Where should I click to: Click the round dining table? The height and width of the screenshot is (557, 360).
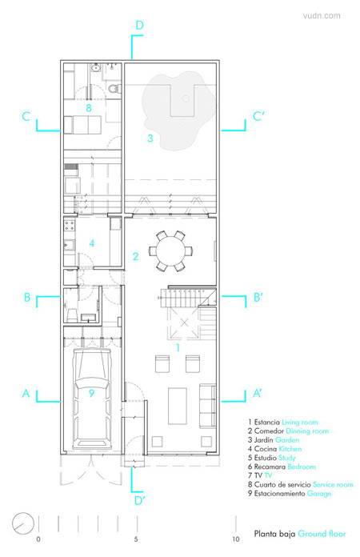click(x=170, y=251)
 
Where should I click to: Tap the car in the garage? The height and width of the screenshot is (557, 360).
click(x=91, y=399)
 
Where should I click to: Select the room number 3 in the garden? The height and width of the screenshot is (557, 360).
click(x=150, y=138)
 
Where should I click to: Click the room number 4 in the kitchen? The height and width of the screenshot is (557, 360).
click(x=92, y=243)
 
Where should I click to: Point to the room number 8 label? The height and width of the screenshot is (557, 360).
click(x=89, y=107)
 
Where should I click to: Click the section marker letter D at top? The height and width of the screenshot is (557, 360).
click(x=139, y=26)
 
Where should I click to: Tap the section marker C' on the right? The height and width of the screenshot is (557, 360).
click(x=259, y=116)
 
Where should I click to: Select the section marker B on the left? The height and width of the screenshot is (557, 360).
click(x=27, y=298)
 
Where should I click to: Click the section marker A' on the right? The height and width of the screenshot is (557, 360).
click(x=258, y=393)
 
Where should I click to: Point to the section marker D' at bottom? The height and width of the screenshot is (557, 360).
click(x=140, y=500)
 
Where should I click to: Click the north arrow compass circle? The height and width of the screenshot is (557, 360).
click(x=23, y=523)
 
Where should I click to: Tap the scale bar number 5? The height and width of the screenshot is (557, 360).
click(x=136, y=539)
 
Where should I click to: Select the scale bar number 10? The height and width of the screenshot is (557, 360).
click(x=236, y=539)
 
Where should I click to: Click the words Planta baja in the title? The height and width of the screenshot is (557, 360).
click(x=274, y=534)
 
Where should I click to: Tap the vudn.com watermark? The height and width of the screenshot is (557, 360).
click(x=322, y=16)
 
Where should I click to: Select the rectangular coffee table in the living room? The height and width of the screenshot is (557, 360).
click(x=178, y=406)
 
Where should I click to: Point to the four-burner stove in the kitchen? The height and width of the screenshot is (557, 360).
click(x=70, y=225)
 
